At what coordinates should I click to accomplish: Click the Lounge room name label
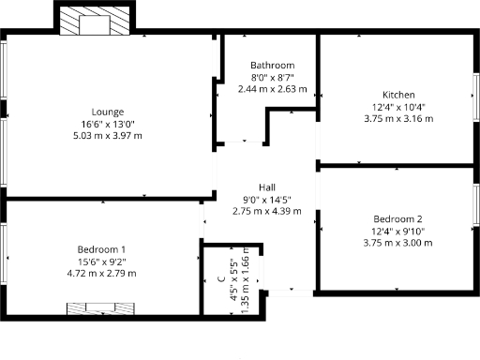coord(108,112)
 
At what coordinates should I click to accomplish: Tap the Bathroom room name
coord(272,65)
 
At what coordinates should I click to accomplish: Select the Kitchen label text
coord(397,94)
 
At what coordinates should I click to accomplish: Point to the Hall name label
coord(266,187)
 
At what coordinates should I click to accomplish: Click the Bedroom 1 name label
coord(101,248)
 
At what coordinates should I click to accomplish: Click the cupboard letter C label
coord(221,278)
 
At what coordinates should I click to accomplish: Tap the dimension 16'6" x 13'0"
coord(108,124)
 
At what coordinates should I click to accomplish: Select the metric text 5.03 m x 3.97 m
coord(108,136)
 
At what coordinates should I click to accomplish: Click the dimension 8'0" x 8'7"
coord(272,77)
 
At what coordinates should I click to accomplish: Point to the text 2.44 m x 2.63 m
coord(272,89)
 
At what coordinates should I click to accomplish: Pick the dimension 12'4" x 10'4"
coord(397,106)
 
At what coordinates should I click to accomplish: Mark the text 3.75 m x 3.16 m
coord(397,118)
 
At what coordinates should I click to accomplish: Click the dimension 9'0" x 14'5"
coord(266,199)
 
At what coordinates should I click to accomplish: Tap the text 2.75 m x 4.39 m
coord(266,211)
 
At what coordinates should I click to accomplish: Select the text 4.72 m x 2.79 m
coord(101,273)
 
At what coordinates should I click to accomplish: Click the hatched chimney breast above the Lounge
coord(96,20)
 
